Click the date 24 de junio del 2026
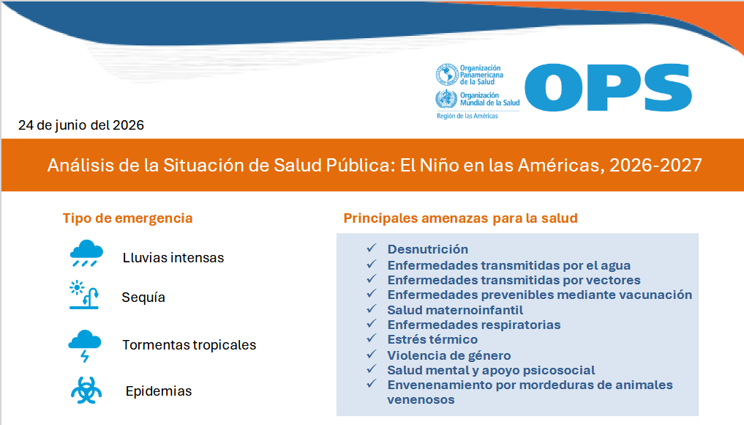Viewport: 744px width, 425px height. click(81, 125)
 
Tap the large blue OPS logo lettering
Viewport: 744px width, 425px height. click(609, 87)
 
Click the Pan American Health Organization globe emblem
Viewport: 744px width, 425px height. click(446, 74)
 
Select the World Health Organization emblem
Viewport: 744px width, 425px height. click(446, 99)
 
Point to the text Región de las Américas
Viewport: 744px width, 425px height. click(467, 116)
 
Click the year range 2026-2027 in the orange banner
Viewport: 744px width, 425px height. click(655, 165)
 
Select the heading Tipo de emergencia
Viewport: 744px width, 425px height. click(127, 218)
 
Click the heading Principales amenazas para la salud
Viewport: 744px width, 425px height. click(460, 218)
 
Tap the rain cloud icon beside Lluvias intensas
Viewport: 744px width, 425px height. click(86, 254)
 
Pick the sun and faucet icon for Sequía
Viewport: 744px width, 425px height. click(84, 295)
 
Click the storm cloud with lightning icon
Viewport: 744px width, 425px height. click(84, 346)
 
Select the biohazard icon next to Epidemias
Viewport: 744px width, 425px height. click(86, 391)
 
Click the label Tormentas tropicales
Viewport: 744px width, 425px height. click(189, 344)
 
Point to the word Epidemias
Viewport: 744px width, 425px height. click(159, 391)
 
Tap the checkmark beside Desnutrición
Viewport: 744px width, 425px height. click(372, 248)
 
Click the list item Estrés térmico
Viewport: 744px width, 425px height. click(432, 339)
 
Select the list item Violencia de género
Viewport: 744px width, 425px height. click(449, 355)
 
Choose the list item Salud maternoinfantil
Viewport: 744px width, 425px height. click(455, 310)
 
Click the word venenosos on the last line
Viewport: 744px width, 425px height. click(421, 400)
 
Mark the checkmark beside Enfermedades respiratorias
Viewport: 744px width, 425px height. click(372, 324)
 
